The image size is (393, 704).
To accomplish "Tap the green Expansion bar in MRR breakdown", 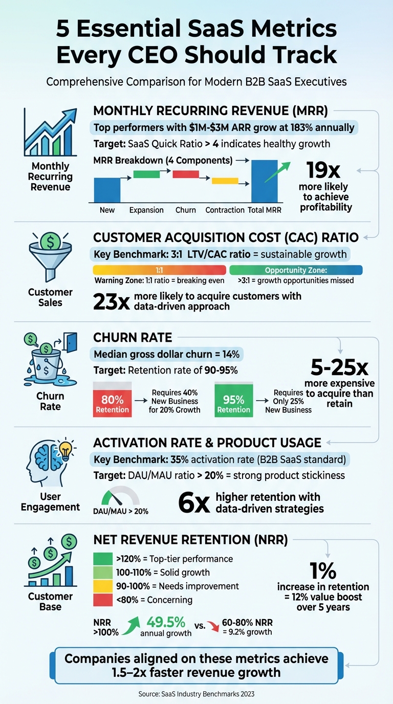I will pos(146,174).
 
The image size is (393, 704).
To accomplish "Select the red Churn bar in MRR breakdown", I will pos(185,174).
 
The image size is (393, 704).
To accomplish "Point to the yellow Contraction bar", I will pos(225,181).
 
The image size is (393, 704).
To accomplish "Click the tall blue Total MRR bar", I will pos(264,181).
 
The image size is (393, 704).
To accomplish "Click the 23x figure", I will pos(111,302).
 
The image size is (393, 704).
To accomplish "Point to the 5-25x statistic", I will pos(339,367).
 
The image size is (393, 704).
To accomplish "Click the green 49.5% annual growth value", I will pos(166,622).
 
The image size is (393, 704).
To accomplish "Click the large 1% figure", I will pos(323,570).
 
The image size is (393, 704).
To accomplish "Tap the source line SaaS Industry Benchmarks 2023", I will pos(196,694).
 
